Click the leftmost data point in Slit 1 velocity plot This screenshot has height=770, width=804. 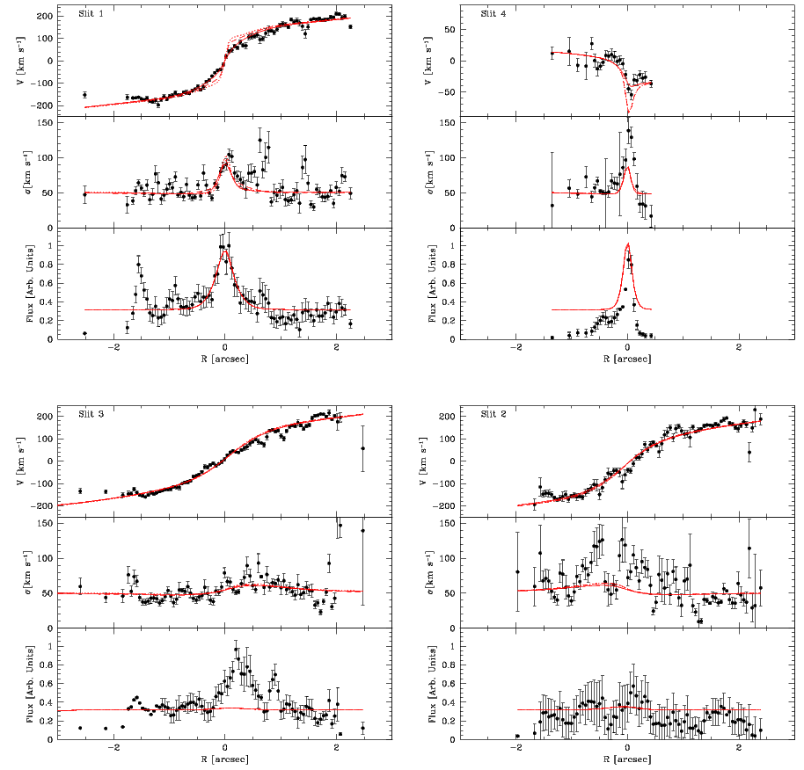(x=84, y=95)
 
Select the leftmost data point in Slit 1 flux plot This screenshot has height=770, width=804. (x=84, y=333)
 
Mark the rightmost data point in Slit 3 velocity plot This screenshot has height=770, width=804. (x=362, y=448)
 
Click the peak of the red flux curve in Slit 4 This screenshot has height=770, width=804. (x=627, y=244)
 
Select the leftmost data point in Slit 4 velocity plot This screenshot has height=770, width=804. (x=552, y=53)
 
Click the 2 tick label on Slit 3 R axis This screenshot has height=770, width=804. (x=336, y=749)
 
